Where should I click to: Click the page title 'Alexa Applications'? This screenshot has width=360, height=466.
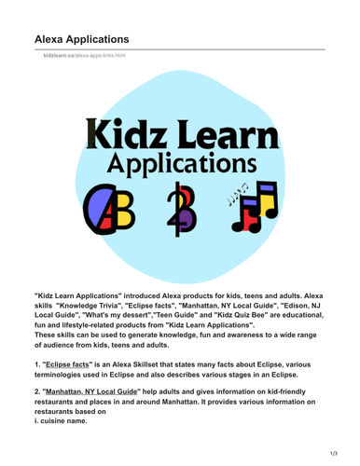pos(82,39)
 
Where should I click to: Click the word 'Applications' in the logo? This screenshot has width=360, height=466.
pos(180,165)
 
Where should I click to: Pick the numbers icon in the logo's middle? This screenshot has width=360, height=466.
pos(178,212)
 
